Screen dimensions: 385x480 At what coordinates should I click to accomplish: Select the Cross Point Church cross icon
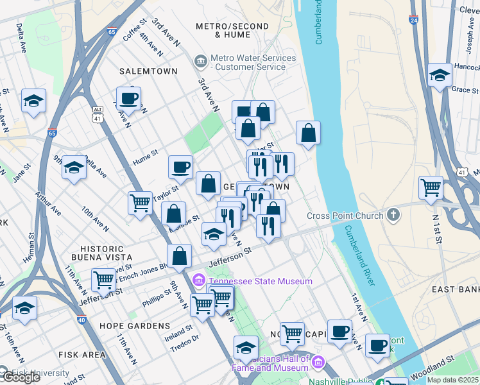[393, 216]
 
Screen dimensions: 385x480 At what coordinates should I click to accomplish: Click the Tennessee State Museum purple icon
[199, 281]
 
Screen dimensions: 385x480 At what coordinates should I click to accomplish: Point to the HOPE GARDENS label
[135, 326]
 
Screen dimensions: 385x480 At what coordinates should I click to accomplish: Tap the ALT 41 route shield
[97, 115]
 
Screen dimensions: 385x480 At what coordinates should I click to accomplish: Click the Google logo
[21, 377]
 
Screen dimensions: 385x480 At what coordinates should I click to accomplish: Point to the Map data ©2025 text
[452, 380]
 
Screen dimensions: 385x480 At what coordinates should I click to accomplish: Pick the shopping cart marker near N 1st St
[431, 188]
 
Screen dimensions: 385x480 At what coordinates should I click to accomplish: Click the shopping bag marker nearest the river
[309, 133]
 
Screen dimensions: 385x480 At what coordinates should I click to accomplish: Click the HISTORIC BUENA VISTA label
[101, 254]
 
